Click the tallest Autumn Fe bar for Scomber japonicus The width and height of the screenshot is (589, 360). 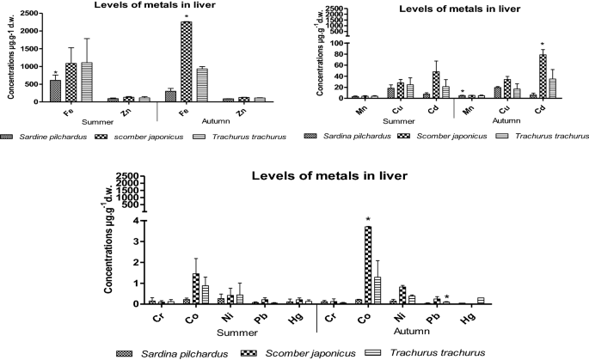[x=186, y=62]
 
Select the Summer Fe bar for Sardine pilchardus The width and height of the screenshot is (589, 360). [x=55, y=90]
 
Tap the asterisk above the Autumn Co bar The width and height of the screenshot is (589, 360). [x=344, y=220]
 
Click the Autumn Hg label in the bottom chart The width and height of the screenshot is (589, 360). [x=468, y=316]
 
